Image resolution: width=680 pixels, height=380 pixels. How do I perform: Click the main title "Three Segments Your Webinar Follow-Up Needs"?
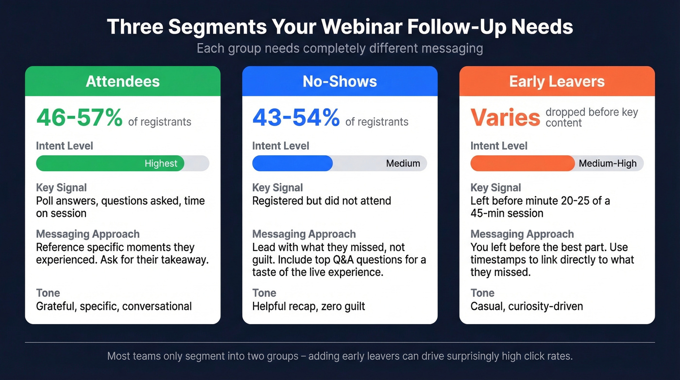point(340,27)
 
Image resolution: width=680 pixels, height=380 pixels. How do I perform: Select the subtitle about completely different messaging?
point(340,49)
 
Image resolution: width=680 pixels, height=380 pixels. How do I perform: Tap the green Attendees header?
point(122,81)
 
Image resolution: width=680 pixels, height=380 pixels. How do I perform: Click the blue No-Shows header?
point(340,81)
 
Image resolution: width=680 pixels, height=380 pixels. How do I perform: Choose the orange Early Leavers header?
point(557,81)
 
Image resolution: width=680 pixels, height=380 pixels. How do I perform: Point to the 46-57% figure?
point(80,118)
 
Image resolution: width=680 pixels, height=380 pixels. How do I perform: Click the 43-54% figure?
point(296,118)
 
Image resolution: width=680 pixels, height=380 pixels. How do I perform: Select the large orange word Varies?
point(505,118)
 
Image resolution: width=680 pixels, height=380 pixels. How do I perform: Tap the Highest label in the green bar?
point(161,163)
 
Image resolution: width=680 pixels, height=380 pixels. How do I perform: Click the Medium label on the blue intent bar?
point(403,163)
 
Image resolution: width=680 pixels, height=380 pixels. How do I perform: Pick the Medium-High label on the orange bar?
point(607,163)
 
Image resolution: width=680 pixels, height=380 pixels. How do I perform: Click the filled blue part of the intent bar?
point(292,163)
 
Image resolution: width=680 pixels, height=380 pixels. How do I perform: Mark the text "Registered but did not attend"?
point(322,200)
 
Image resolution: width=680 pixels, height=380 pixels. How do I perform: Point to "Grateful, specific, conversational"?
point(114,307)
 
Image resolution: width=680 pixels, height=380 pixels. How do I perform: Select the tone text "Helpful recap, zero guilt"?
point(308,307)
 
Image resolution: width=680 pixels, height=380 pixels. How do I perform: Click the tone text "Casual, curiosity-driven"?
point(527,307)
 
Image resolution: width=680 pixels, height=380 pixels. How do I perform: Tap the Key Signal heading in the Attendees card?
point(61,188)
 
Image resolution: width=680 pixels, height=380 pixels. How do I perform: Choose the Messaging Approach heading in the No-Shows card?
point(304,234)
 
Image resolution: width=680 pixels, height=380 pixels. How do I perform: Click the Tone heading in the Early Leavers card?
point(482,293)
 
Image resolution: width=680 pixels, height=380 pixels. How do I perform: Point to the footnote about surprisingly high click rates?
point(340,356)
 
